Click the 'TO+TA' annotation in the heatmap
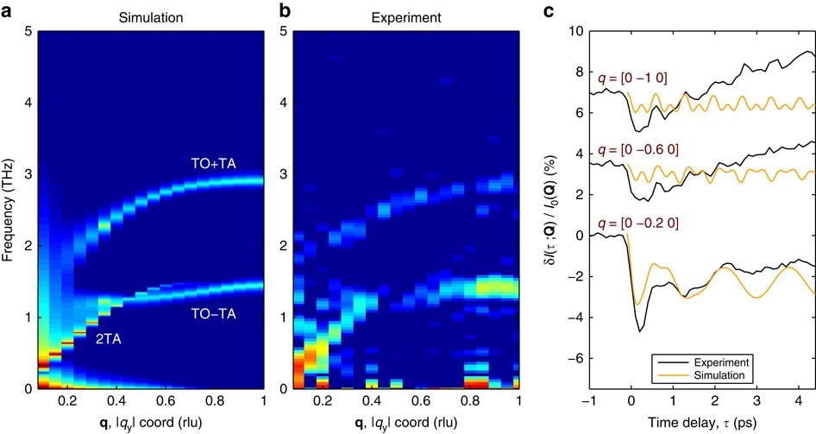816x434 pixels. [212, 162]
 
